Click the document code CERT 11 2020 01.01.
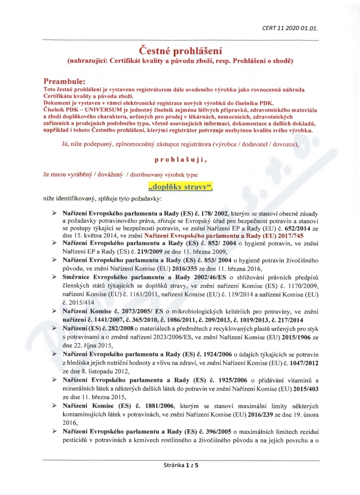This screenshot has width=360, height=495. coord(290,28)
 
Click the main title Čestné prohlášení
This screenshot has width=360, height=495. coord(180,50)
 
